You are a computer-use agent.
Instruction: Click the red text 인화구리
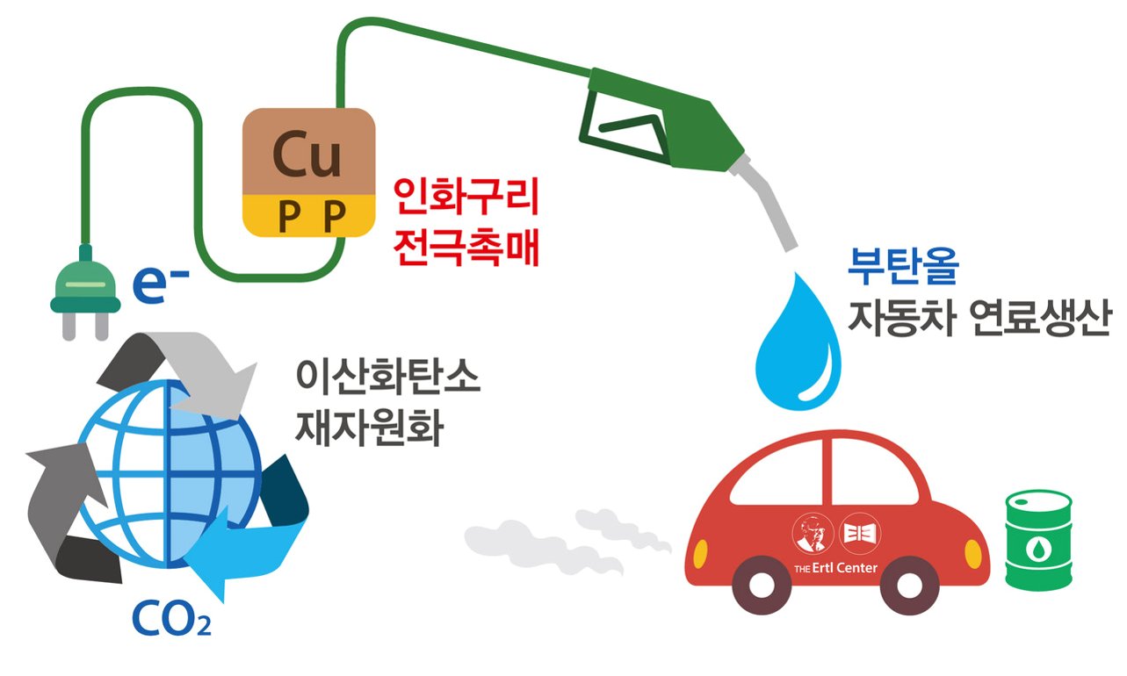tap(466, 200)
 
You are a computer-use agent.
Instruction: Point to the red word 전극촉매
tap(466, 248)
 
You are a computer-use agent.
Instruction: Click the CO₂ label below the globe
tap(171, 619)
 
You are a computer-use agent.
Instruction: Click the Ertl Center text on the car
tap(834, 567)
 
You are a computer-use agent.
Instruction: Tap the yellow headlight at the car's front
tap(973, 554)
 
